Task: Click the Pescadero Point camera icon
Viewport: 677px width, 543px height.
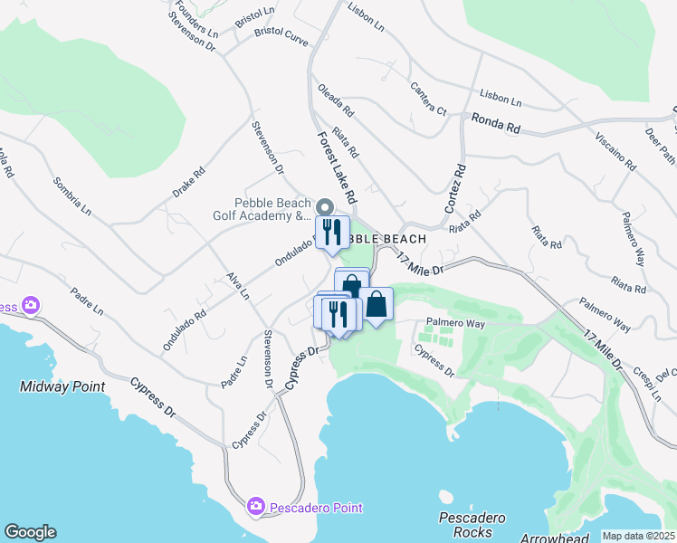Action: click(255, 506)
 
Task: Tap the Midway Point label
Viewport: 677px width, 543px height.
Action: click(62, 386)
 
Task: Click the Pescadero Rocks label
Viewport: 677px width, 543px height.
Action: click(472, 525)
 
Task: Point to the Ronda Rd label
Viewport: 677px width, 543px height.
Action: click(495, 123)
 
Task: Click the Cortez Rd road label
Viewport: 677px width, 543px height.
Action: click(454, 188)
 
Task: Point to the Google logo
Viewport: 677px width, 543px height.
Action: click(30, 532)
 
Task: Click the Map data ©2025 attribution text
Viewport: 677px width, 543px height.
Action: click(638, 536)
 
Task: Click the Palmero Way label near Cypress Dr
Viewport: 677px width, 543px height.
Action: click(456, 322)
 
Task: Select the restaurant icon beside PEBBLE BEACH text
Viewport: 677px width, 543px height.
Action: click(332, 232)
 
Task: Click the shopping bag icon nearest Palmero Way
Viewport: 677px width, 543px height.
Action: click(377, 304)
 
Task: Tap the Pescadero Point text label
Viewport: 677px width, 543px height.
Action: click(314, 508)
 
